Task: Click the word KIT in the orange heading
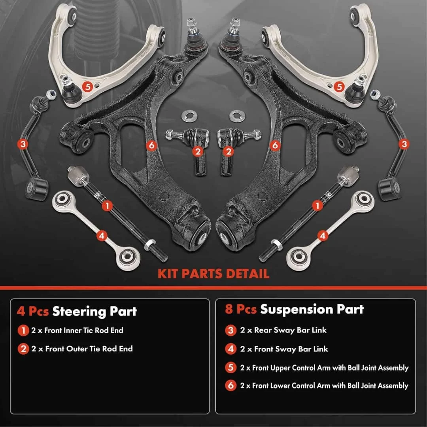pos(168,274)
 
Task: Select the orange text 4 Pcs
pos(33,311)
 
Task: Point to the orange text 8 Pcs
pos(241,309)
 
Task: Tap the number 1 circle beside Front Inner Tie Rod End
pos(23,331)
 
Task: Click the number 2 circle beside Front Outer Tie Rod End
pos(23,349)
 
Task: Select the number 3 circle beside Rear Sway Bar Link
pos(231,330)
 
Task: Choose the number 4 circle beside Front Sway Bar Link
pos(231,349)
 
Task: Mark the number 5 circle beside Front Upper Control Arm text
pos(231,368)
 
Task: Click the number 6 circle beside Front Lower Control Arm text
pos(231,385)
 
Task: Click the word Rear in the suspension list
pos(263,330)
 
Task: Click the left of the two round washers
pos(189,116)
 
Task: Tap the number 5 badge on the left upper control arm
pos(88,87)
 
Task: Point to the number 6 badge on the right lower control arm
pos(275,145)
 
